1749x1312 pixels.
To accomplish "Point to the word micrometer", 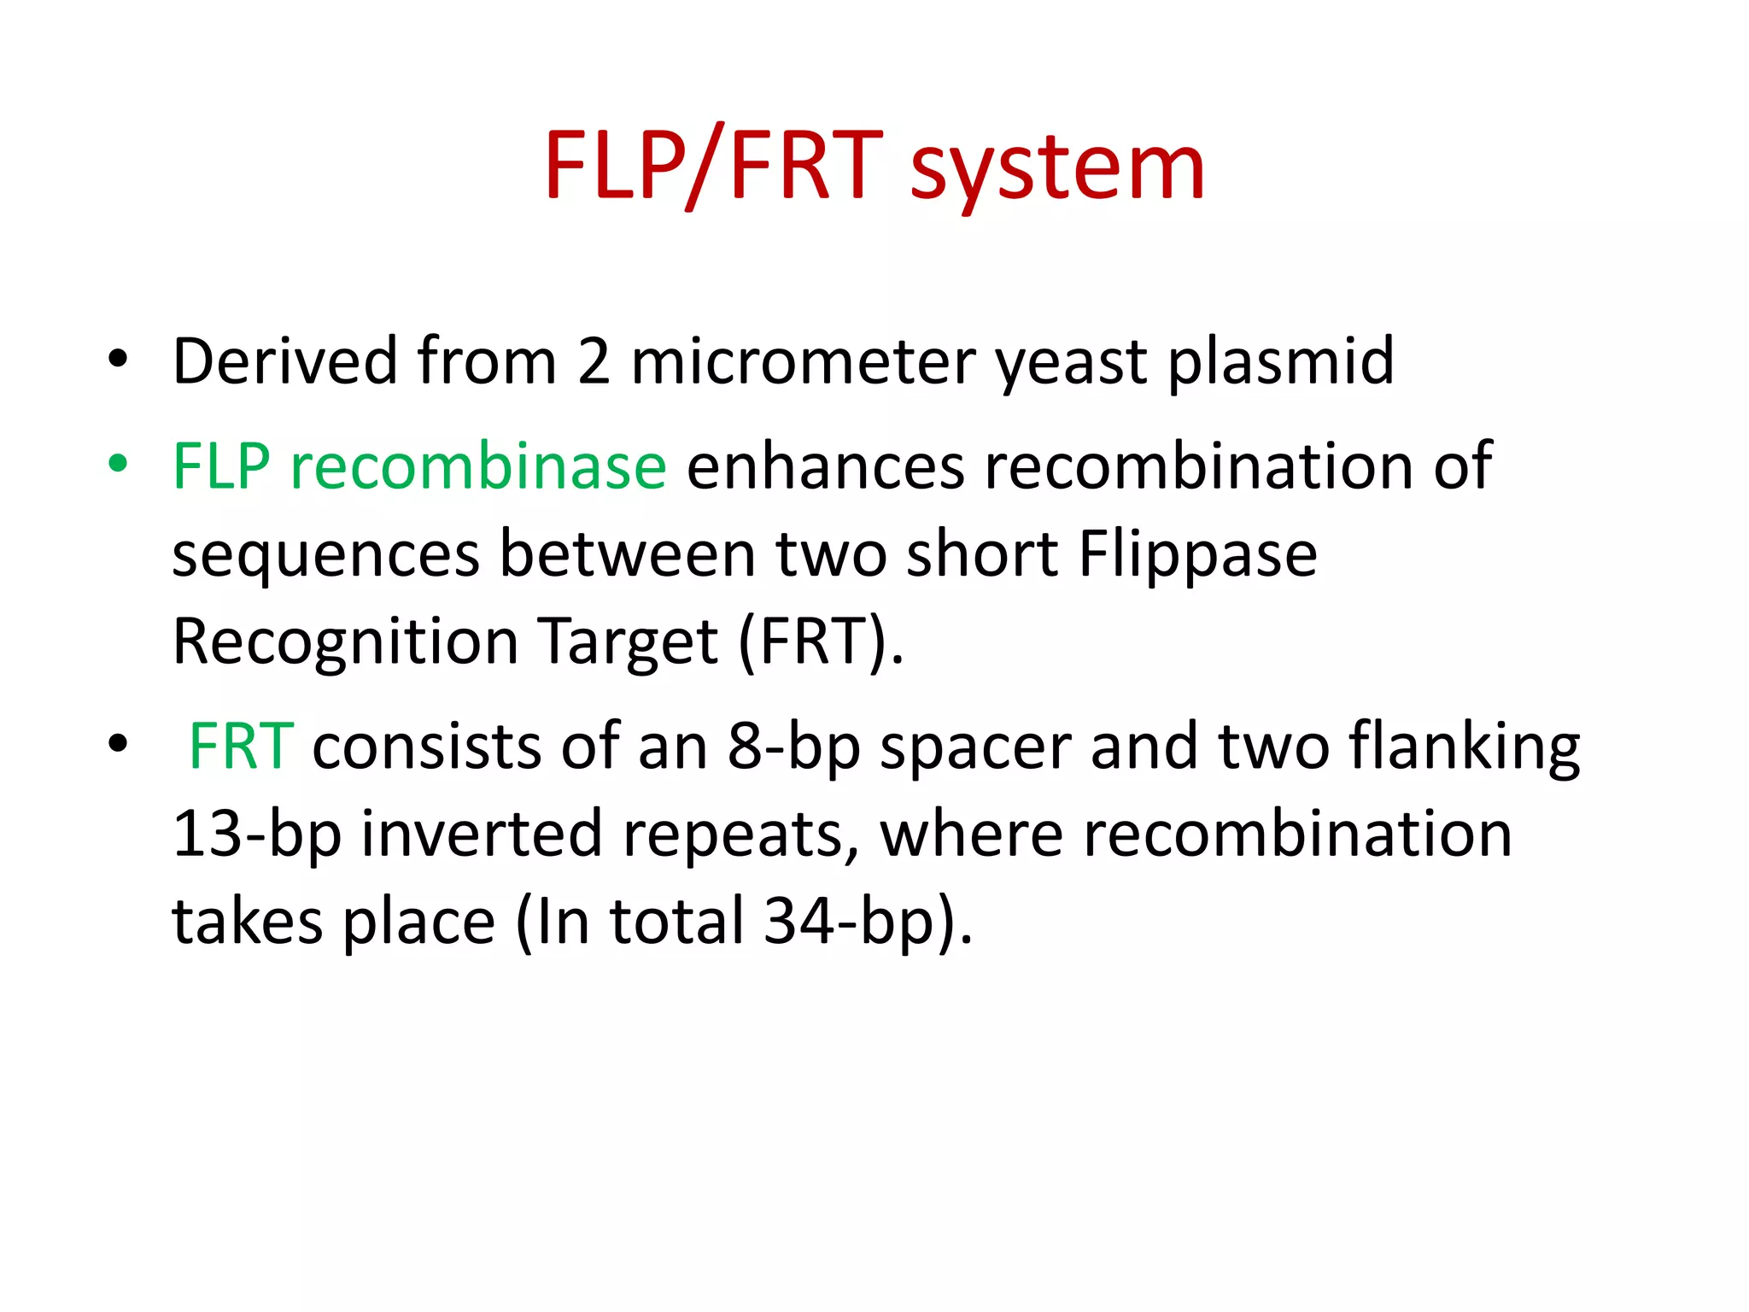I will coord(803,361).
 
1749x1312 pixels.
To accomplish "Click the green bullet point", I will coord(118,464).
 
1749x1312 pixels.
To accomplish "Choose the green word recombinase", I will coord(478,466).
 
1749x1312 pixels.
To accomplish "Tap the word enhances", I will coord(825,466).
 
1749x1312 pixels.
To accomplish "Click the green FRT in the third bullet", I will coord(241,747).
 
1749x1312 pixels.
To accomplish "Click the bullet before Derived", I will coord(118,360).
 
